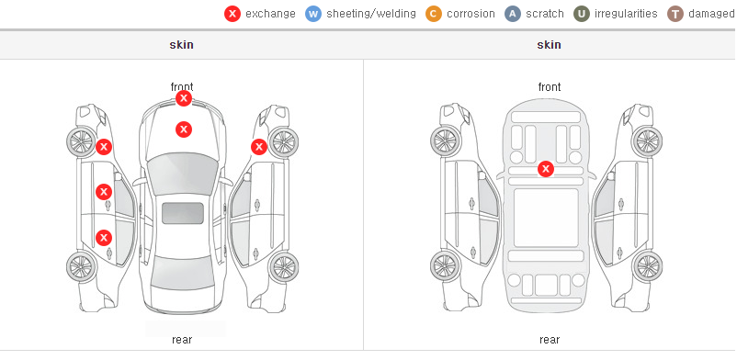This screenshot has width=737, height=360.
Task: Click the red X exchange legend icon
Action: [232, 14]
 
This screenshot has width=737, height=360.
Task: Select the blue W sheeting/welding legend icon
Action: [313, 14]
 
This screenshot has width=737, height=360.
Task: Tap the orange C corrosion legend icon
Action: [434, 14]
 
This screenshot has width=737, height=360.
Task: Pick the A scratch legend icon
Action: [513, 14]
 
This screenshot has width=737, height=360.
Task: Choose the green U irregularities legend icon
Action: [582, 14]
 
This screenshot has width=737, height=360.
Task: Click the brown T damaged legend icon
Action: [675, 14]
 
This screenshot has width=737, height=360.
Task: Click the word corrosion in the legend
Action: [471, 14]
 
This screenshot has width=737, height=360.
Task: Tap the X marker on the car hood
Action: [184, 129]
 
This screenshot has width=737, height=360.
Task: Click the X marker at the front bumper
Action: [184, 98]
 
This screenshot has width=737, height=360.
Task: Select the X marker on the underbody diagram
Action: [546, 169]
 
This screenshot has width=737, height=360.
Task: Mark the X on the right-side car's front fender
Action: [259, 147]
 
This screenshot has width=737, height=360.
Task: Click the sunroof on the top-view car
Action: [183, 213]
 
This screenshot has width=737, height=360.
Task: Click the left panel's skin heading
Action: [181, 45]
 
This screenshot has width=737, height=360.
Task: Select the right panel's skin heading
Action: [549, 45]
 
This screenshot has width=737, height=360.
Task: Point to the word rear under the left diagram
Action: [182, 340]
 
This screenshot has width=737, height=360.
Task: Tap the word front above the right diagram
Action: [550, 87]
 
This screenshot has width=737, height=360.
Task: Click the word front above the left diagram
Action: [182, 87]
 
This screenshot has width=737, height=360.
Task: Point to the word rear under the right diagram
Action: [550, 340]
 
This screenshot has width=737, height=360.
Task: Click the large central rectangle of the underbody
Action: [546, 218]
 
